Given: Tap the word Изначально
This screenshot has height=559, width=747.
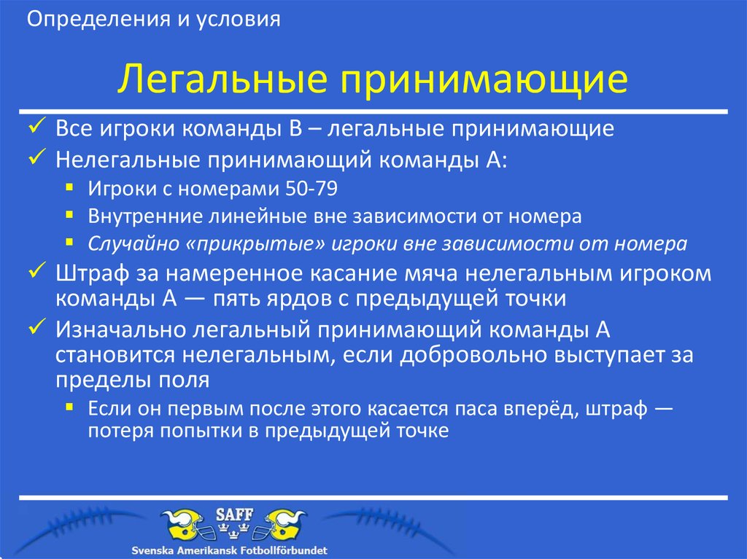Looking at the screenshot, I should [119, 329].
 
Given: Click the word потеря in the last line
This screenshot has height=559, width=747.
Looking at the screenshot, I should [117, 429].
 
